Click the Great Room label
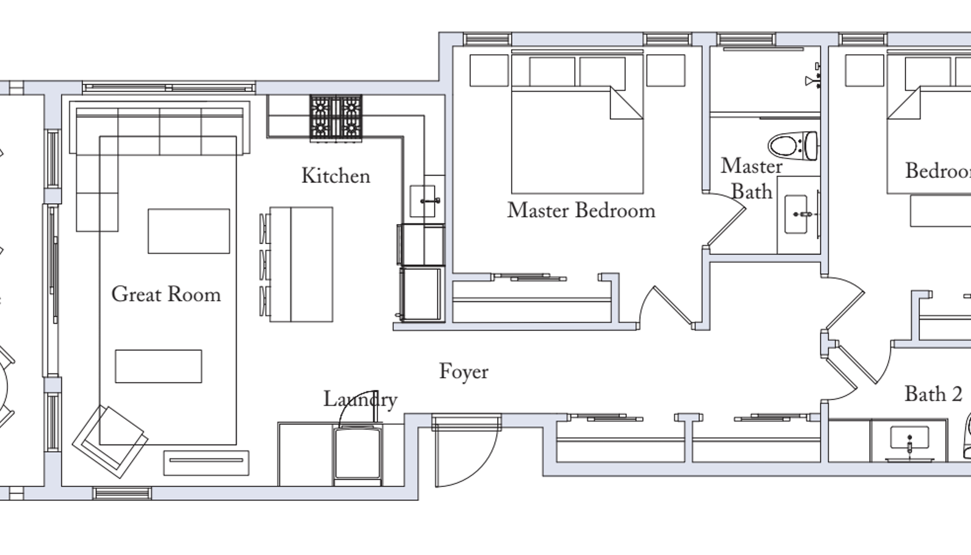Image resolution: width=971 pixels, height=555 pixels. tap(166, 295)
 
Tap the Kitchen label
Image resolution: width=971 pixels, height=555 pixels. tap(336, 176)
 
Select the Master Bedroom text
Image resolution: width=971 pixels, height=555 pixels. tap(581, 211)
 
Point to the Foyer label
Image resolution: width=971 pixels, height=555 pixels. tap(464, 372)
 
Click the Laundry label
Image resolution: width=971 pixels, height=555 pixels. tap(360, 400)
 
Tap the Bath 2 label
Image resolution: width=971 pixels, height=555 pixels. tap(933, 394)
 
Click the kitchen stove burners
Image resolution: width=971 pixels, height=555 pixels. tap(336, 117)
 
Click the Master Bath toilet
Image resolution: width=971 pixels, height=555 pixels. tap(793, 146)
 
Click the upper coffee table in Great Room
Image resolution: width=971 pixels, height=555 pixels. tap(189, 231)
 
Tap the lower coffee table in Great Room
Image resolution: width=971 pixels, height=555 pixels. tap(158, 366)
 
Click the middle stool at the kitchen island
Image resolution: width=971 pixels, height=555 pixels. tap(265, 264)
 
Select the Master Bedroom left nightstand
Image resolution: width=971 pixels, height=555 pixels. tap(489, 70)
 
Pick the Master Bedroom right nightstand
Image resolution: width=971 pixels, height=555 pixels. tap(665, 70)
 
